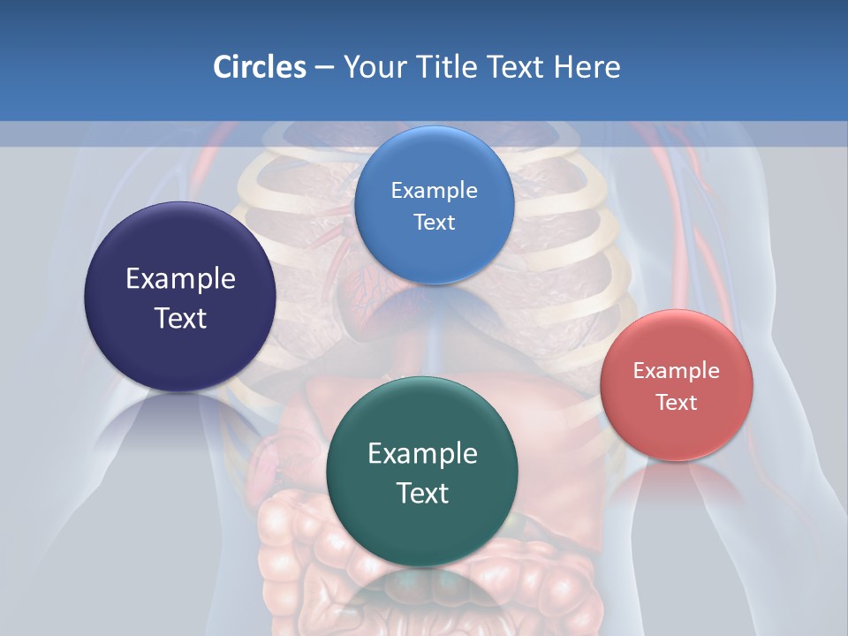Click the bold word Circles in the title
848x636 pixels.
pos(259,67)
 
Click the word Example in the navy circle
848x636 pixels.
pos(180,279)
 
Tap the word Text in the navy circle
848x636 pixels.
pos(180,318)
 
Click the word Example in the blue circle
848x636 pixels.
pos(434,191)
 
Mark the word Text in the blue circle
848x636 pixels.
pos(434,222)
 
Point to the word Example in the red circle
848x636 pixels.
pos(676,371)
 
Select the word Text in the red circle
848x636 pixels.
pos(676,402)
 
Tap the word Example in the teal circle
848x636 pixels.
pos(422,454)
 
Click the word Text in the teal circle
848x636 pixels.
pos(422,493)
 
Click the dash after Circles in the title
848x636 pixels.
pos(323,68)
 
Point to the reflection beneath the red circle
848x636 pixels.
pos(677,481)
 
